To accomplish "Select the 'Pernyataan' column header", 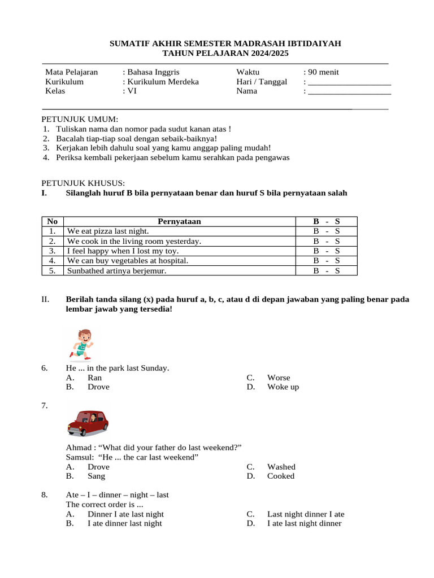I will tap(179, 222).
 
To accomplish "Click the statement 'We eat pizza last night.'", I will tap(108, 231).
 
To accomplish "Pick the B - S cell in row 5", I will tap(327, 271).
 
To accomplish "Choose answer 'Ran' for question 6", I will tap(95, 378).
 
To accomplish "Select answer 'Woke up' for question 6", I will tap(283, 387).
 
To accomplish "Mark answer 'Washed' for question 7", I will tap(281, 467).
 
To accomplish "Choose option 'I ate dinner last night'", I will tap(124, 523).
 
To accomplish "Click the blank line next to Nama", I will tap(350, 91).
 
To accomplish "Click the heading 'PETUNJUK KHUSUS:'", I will tap(84, 183).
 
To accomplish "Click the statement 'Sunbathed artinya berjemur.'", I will tap(116, 271).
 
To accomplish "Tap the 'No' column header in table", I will tap(53, 222).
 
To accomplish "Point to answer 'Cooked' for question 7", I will tap(280, 476).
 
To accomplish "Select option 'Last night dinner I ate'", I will tap(305, 514).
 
